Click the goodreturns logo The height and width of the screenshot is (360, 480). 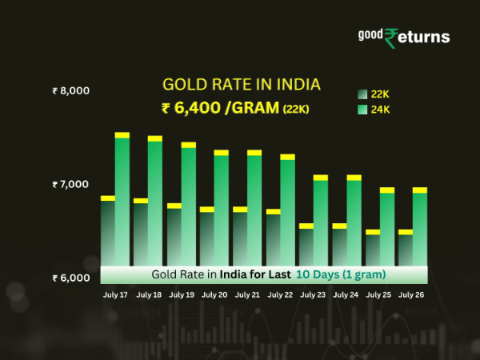pyautogui.click(x=403, y=37)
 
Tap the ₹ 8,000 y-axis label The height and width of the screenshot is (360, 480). pyautogui.click(x=71, y=90)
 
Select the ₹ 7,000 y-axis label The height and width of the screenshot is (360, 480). pyautogui.click(x=71, y=185)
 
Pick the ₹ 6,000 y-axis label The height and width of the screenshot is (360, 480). pyautogui.click(x=71, y=278)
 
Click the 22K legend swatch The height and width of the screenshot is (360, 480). pyautogui.click(x=362, y=94)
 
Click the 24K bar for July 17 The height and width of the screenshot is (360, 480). pyautogui.click(x=122, y=200)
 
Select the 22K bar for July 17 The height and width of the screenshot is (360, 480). pyautogui.click(x=108, y=232)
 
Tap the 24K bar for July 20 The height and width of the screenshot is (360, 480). pyautogui.click(x=222, y=208)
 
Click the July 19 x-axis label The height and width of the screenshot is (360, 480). pyautogui.click(x=181, y=295)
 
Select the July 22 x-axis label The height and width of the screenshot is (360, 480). pyautogui.click(x=280, y=295)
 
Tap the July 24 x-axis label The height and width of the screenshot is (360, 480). pyautogui.click(x=346, y=295)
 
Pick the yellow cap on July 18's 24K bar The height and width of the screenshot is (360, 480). pyautogui.click(x=155, y=138)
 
